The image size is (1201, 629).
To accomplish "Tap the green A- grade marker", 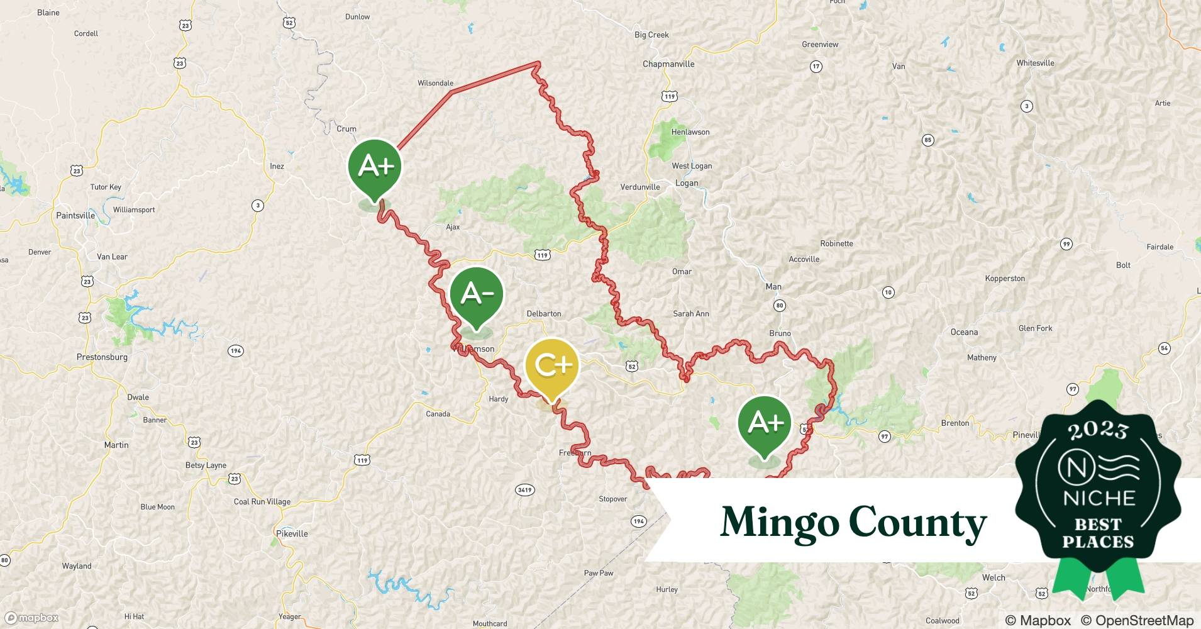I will pyautogui.click(x=477, y=294).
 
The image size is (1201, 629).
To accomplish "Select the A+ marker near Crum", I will pyautogui.click(x=375, y=167).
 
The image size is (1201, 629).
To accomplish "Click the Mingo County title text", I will pyautogui.click(x=853, y=522).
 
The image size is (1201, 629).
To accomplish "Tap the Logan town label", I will pyautogui.click(x=687, y=183).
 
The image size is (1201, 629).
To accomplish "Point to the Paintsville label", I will pyautogui.click(x=75, y=215).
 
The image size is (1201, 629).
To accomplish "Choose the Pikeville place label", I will pyautogui.click(x=292, y=533).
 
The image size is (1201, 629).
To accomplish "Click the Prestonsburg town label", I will pyautogui.click(x=102, y=357).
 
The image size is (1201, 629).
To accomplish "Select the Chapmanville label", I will pyautogui.click(x=668, y=64).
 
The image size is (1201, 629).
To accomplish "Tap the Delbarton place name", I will pyautogui.click(x=544, y=313).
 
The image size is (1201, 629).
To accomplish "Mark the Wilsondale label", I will pyautogui.click(x=435, y=83).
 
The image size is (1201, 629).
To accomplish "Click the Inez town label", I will pyautogui.click(x=277, y=166).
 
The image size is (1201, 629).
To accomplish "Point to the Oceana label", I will pyautogui.click(x=964, y=332).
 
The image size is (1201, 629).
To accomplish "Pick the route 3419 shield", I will pyautogui.click(x=524, y=489).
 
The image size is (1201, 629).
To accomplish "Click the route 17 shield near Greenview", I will pyautogui.click(x=816, y=66).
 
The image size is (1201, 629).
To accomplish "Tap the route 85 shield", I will pyautogui.click(x=927, y=140).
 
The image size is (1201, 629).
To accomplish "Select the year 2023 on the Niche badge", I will pyautogui.click(x=1098, y=430).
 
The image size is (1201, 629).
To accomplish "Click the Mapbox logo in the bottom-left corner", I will pyautogui.click(x=32, y=618).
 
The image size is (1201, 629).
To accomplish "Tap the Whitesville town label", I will pyautogui.click(x=1035, y=63).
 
